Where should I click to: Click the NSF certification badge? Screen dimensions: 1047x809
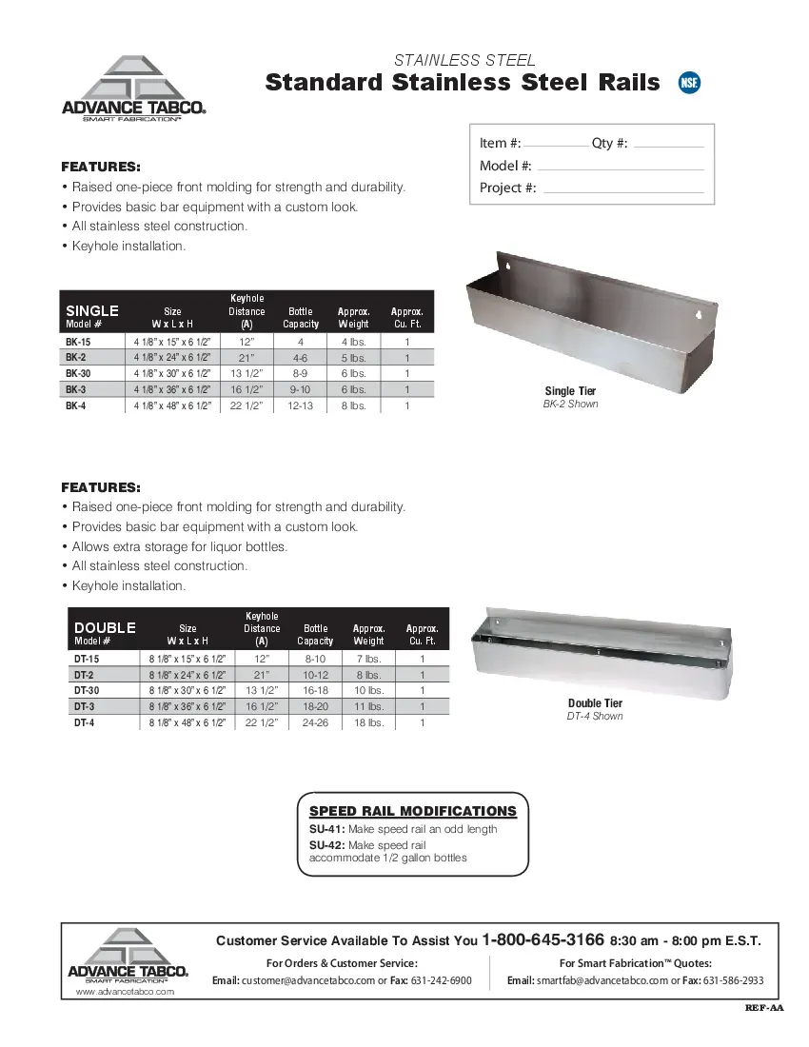(x=689, y=83)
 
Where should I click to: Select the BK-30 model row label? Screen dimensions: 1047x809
(x=78, y=374)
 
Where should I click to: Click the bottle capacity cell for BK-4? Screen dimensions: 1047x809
(x=301, y=406)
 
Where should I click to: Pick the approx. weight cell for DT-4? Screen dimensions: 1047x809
(x=369, y=723)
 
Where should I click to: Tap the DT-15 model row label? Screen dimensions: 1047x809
(x=87, y=659)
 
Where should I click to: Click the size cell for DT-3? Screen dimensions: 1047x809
(x=187, y=707)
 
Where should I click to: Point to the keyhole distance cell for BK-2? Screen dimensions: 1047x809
(x=247, y=358)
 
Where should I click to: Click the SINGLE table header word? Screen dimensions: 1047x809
(x=92, y=310)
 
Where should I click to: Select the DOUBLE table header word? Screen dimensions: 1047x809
(x=105, y=627)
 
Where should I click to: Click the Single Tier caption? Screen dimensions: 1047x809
(x=570, y=391)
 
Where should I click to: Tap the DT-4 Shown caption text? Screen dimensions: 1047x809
(x=595, y=716)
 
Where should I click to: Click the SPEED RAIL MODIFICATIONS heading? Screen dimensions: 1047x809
(x=413, y=811)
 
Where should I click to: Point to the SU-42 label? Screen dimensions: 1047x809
(x=326, y=845)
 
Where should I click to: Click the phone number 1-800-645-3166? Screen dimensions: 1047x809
(x=543, y=939)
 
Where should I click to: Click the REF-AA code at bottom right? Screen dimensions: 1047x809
(x=764, y=1008)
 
